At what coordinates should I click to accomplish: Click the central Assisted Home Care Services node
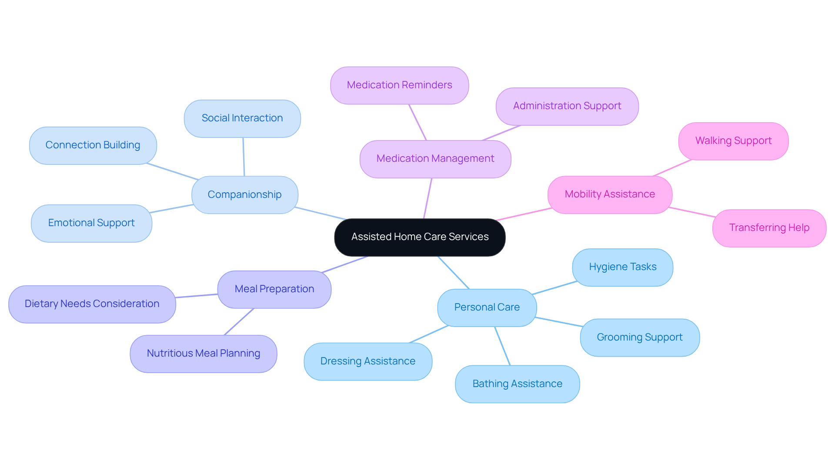click(420, 237)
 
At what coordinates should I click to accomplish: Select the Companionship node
click(244, 194)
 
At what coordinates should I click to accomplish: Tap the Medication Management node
click(435, 159)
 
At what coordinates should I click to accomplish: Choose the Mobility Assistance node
click(610, 194)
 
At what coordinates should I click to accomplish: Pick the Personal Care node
click(487, 307)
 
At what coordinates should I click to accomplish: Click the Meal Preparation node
click(274, 289)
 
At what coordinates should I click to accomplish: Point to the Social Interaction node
click(242, 118)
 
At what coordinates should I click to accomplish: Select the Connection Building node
click(93, 145)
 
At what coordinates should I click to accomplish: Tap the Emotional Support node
click(91, 223)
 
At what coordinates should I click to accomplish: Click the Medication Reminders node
click(399, 85)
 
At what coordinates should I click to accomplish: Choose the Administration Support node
click(567, 106)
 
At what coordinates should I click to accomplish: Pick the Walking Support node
click(733, 141)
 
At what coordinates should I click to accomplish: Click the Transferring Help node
click(769, 228)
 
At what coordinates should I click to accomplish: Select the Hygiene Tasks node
click(622, 267)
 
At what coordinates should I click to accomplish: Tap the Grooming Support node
click(639, 337)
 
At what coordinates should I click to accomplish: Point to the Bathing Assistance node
click(517, 384)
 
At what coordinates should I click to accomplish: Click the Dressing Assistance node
click(367, 361)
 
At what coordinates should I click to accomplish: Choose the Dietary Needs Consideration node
click(92, 304)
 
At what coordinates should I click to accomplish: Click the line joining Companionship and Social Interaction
click(244, 157)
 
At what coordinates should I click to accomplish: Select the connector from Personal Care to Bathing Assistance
click(502, 346)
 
